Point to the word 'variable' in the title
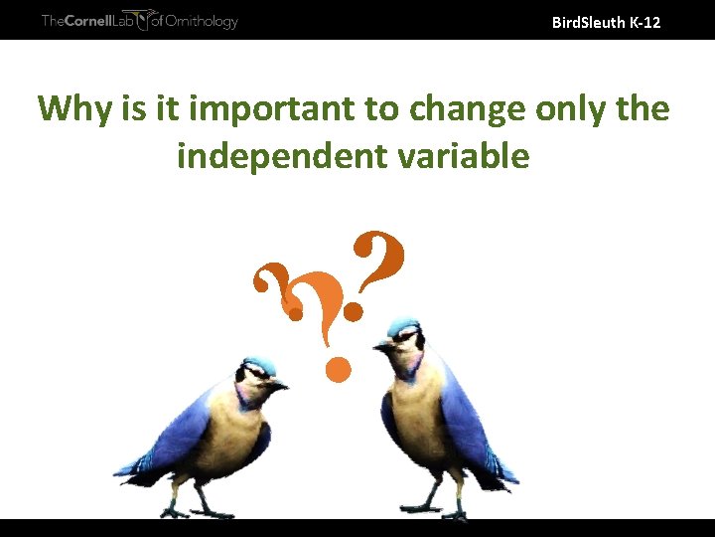(x=465, y=155)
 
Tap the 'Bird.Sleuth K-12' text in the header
(x=605, y=21)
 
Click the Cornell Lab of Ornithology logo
(x=139, y=20)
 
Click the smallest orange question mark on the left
(x=274, y=288)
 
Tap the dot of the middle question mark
(x=338, y=372)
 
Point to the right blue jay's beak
(x=381, y=345)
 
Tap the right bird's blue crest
(x=402, y=326)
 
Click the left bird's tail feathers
(x=134, y=467)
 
